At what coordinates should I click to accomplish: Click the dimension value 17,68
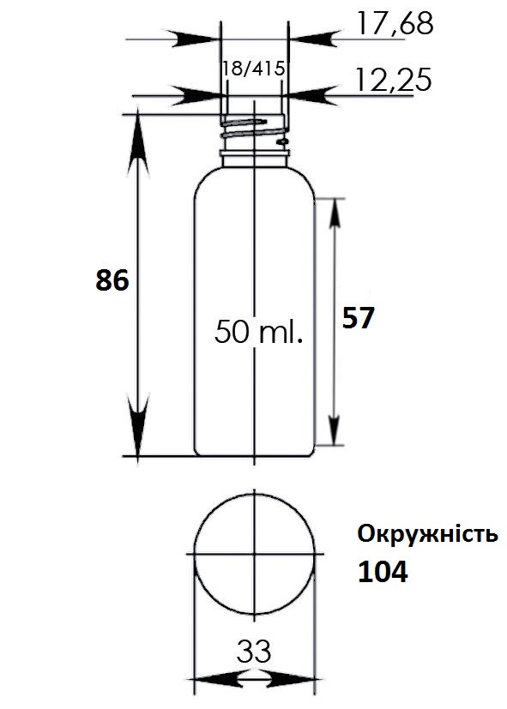[x=395, y=23]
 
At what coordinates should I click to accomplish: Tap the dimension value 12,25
[x=394, y=80]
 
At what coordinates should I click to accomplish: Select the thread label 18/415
[x=254, y=69]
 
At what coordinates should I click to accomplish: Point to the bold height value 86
[x=112, y=279]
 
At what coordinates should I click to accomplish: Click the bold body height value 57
[x=359, y=317]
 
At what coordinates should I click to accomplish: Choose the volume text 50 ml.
[x=258, y=332]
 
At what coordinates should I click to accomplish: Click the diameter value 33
[x=254, y=651]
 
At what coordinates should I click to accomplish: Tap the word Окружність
[x=427, y=534]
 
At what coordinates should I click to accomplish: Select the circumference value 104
[x=383, y=572]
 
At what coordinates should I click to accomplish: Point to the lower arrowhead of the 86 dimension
[x=138, y=425]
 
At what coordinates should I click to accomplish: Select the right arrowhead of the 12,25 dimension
[x=312, y=96]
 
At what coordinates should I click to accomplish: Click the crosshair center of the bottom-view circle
[x=255, y=554]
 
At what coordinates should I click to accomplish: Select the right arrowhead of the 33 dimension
[x=293, y=680]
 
